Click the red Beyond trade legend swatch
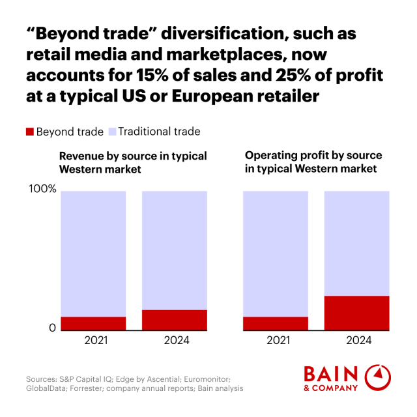pyautogui.click(x=29, y=132)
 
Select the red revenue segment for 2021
pyautogui.click(x=93, y=323)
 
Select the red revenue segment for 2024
pyautogui.click(x=174, y=320)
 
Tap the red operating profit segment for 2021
pyautogui.click(x=275, y=323)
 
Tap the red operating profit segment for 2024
pyautogui.click(x=356, y=313)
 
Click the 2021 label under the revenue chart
pyautogui.click(x=93, y=340)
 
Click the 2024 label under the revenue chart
pyautogui.click(x=175, y=340)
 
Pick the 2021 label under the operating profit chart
pyautogui.click(x=276, y=340)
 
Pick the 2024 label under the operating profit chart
pyautogui.click(x=356, y=340)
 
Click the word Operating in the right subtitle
pyautogui.click(x=267, y=156)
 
